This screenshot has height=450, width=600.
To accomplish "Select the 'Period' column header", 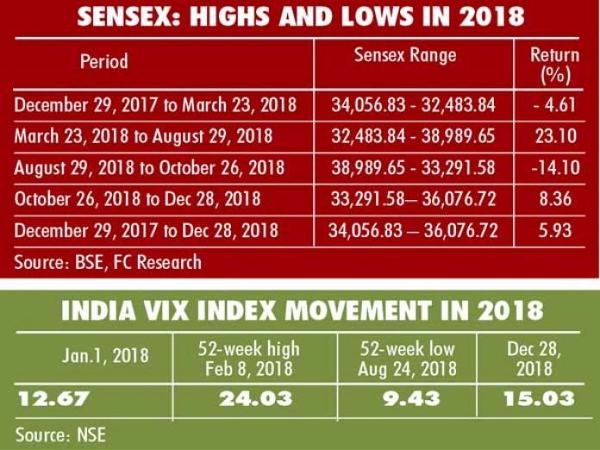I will coord(104,62).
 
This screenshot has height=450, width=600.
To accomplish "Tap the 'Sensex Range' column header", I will coord(405,56).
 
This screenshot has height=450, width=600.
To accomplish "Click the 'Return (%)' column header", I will coord(554,66).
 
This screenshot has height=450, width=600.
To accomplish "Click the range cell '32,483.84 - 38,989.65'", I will coord(413,136).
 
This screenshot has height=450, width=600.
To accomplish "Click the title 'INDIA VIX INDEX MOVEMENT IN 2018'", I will coord(301,310).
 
